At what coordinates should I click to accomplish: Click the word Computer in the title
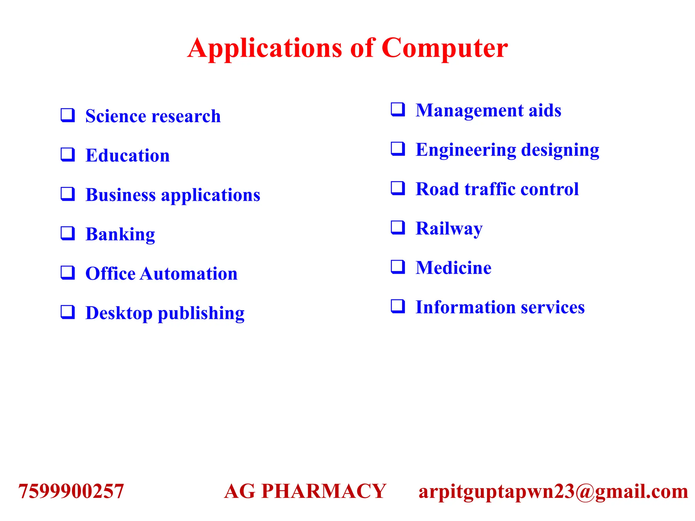tap(445, 48)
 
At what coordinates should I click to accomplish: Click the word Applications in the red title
tap(265, 48)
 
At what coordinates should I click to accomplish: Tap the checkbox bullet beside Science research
tap(68, 115)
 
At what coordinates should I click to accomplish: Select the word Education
tap(128, 155)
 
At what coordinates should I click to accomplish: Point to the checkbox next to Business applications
tap(68, 194)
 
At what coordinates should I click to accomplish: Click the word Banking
tap(120, 234)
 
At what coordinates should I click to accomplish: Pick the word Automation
tap(189, 273)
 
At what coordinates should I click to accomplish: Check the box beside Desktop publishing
tap(68, 312)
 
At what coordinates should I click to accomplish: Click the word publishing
tap(201, 313)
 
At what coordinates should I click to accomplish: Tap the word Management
tap(469, 110)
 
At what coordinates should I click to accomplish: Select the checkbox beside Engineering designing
tap(398, 149)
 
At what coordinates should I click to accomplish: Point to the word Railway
tap(449, 228)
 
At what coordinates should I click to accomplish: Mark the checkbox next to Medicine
tap(398, 267)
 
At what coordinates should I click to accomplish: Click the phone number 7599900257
tap(71, 491)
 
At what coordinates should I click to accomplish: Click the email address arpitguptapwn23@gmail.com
tap(553, 491)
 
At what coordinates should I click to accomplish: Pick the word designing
tap(560, 150)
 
